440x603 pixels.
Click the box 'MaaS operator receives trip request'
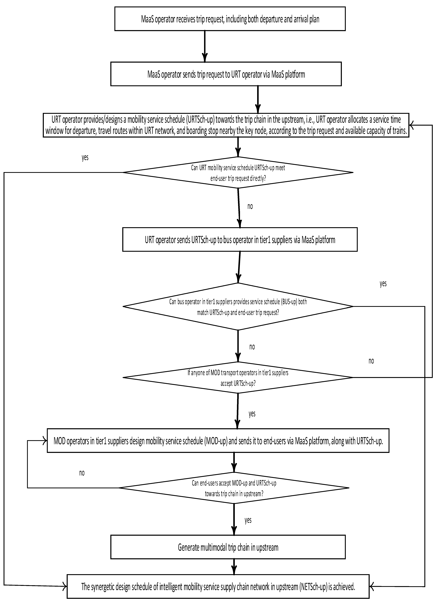point(230,19)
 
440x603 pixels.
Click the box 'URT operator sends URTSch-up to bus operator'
point(240,240)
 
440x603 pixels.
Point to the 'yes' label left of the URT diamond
point(85,157)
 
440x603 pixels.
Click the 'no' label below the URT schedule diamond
point(250,206)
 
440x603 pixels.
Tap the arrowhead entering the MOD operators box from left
point(45,441)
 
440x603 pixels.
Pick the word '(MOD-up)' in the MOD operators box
point(216,441)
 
